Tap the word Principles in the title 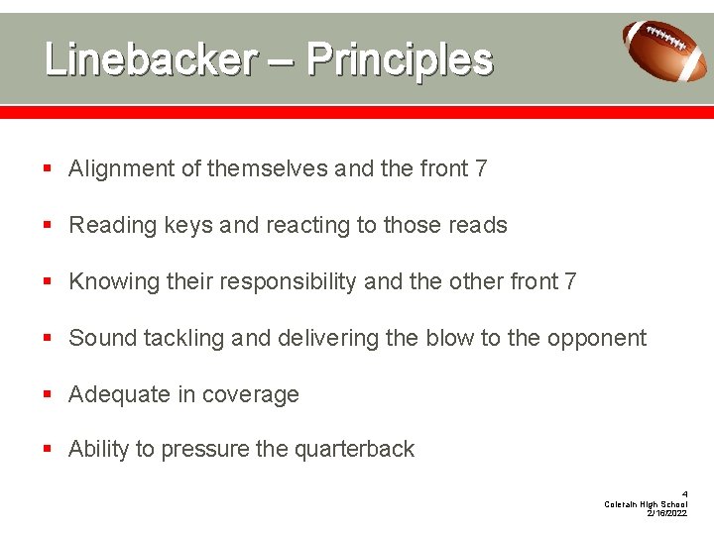400,60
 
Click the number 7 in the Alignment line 481,169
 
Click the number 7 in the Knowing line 570,282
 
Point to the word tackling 184,339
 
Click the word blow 450,339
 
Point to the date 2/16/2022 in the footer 666,513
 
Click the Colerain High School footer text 646,504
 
